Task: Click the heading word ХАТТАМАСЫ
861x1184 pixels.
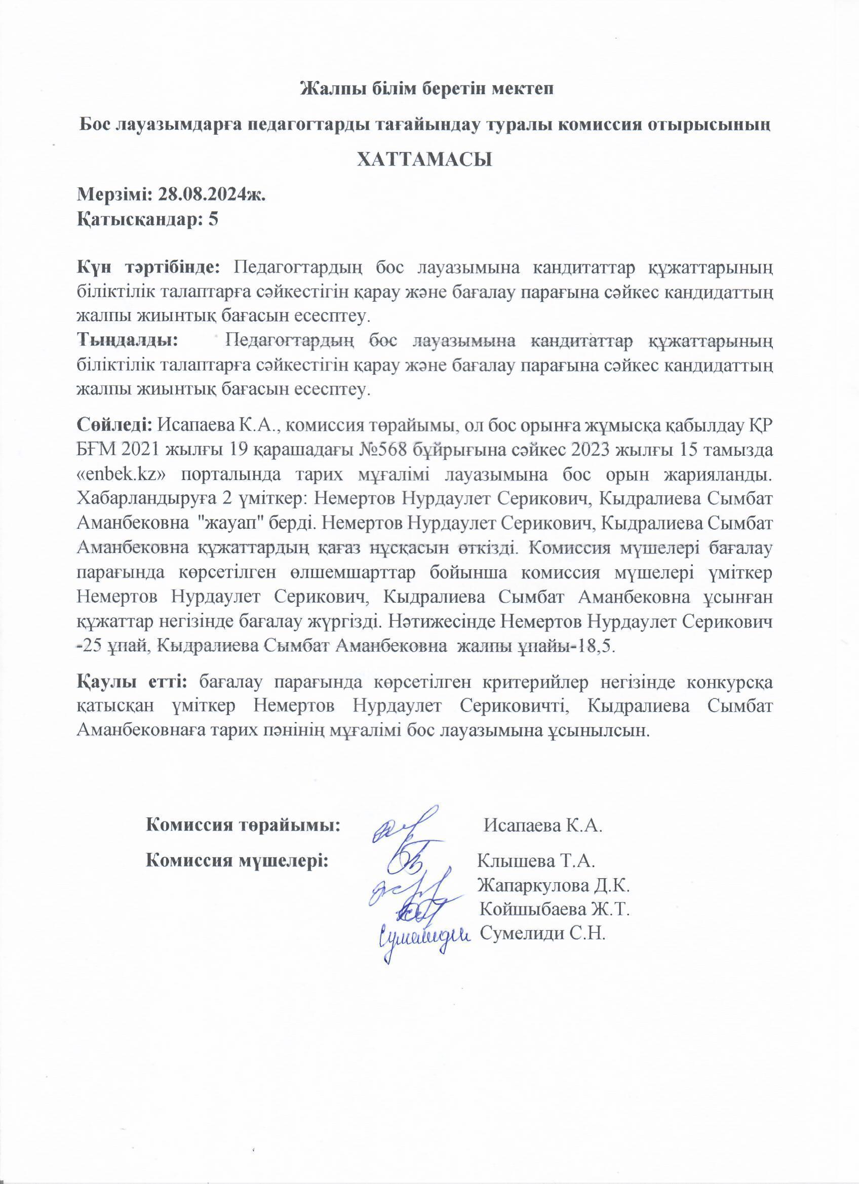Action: click(424, 159)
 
